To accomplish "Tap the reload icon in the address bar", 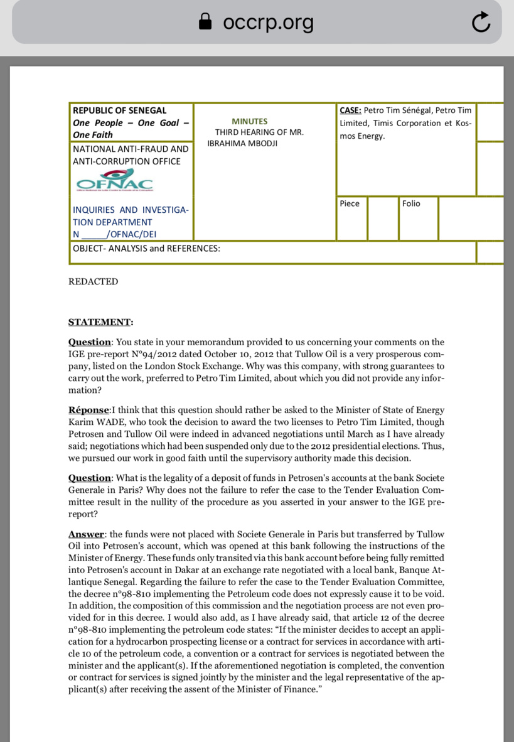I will pyautogui.click(x=480, y=23).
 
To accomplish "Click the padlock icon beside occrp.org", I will pyautogui.click(x=205, y=23).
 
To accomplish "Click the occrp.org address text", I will pyautogui.click(x=268, y=23).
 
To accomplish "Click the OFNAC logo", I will pyautogui.click(x=114, y=181).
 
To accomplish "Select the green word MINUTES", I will pyautogui.click(x=249, y=121).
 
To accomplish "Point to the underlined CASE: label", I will pyautogui.click(x=350, y=110).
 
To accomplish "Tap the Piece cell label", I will pyautogui.click(x=350, y=203).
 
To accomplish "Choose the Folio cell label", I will pyautogui.click(x=411, y=203).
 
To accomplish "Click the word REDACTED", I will pyautogui.click(x=93, y=282).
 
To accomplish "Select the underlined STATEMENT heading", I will pyautogui.click(x=100, y=323).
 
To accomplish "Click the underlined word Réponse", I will pyautogui.click(x=88, y=411).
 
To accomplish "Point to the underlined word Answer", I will pyautogui.click(x=86, y=534).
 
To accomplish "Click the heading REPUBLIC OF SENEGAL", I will pyautogui.click(x=120, y=110).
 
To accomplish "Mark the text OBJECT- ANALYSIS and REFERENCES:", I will pyautogui.click(x=146, y=249).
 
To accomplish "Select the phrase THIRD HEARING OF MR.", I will pyautogui.click(x=259, y=132).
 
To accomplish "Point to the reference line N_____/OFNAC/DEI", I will pyautogui.click(x=115, y=235).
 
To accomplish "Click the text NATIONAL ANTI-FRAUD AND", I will pyautogui.click(x=131, y=149).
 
